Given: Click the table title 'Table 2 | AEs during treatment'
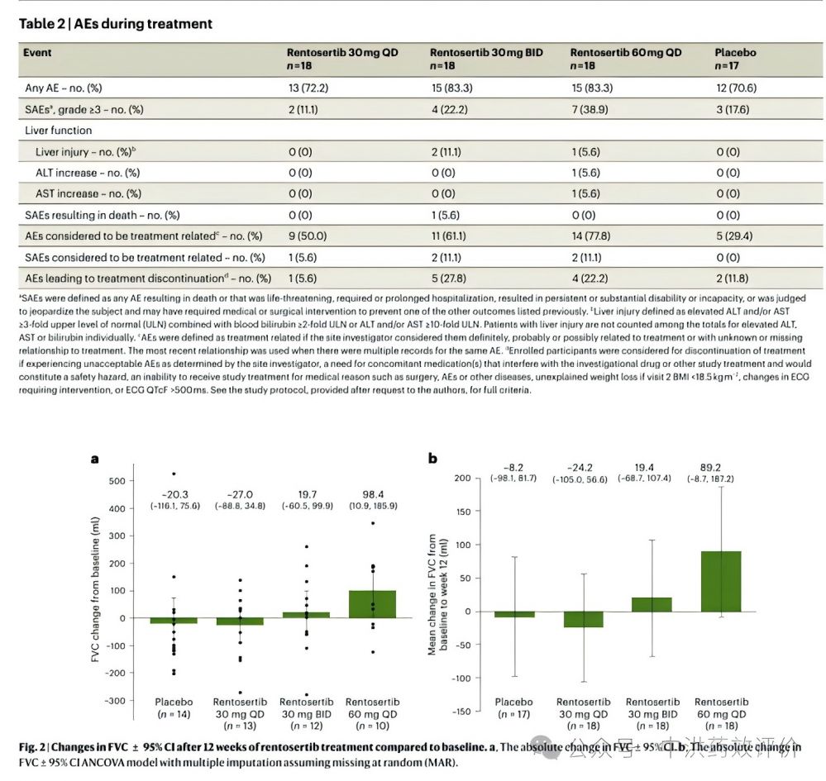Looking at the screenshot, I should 116,24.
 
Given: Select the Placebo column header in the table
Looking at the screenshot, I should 735,53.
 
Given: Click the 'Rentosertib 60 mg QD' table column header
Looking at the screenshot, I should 626,53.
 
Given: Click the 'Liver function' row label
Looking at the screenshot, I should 58,131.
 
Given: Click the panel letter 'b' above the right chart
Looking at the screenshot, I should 432,457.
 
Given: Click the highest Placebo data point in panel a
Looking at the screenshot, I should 174,474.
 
